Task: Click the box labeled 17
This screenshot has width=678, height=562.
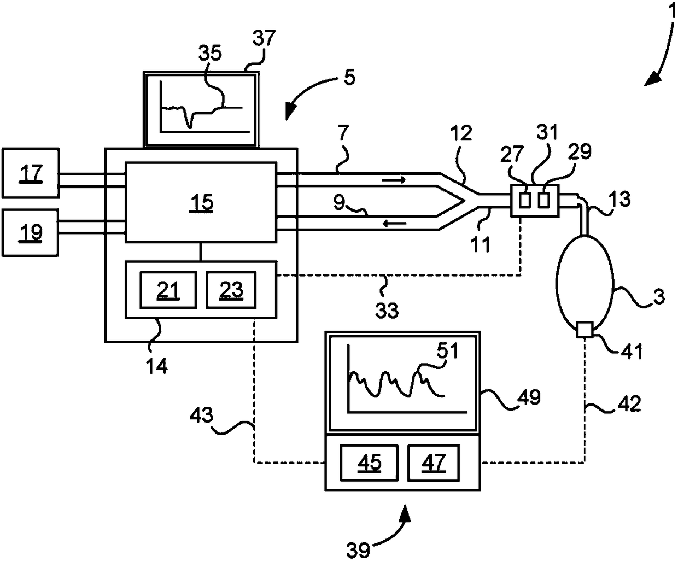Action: pos(31,173)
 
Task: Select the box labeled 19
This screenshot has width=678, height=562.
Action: pos(30,233)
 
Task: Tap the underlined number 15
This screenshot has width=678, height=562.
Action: pos(201,203)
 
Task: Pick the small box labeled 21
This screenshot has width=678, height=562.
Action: pos(168,290)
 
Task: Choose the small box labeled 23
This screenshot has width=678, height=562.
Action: pos(231,290)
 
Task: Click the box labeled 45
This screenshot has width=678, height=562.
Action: pos(369,463)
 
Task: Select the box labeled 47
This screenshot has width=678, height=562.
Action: pos(434,463)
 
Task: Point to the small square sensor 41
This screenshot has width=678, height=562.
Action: pos(585,330)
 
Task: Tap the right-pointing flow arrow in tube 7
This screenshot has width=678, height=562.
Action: pos(394,179)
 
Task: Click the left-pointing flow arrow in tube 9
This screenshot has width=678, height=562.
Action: pos(395,224)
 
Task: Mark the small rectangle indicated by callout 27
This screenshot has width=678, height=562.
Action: pos(525,200)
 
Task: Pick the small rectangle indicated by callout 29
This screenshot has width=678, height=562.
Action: pos(544,200)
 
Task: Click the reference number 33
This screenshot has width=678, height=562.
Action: pos(387,310)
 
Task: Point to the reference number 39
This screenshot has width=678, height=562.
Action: pos(358,550)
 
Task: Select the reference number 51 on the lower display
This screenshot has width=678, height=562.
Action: pos(447,350)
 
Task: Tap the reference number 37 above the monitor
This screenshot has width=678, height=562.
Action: pos(264,38)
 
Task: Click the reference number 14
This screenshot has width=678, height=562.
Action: pos(156,366)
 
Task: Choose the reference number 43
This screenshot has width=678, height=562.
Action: pos(202,415)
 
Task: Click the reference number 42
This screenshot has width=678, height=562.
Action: pos(629,404)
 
